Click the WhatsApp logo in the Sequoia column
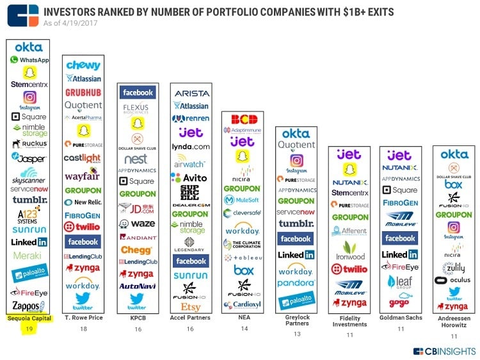pyautogui.click(x=29, y=60)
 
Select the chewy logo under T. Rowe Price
pyautogui.click(x=83, y=65)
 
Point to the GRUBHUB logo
pyautogui.click(x=83, y=92)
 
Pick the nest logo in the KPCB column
pyautogui.click(x=136, y=158)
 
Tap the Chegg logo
pyautogui.click(x=136, y=250)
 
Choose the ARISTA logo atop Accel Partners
pyautogui.click(x=191, y=93)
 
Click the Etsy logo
pyautogui.click(x=191, y=307)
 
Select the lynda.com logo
pyautogui.click(x=191, y=147)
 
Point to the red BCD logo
pyautogui.click(x=244, y=119)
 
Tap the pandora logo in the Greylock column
pyautogui.click(x=296, y=282)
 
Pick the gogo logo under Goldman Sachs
pyautogui.click(x=399, y=302)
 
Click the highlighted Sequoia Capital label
pyautogui.click(x=29, y=318)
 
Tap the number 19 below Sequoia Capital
pyautogui.click(x=29, y=329)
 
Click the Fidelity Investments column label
pyautogui.click(x=349, y=322)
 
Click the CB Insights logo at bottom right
pyautogui.click(x=444, y=350)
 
